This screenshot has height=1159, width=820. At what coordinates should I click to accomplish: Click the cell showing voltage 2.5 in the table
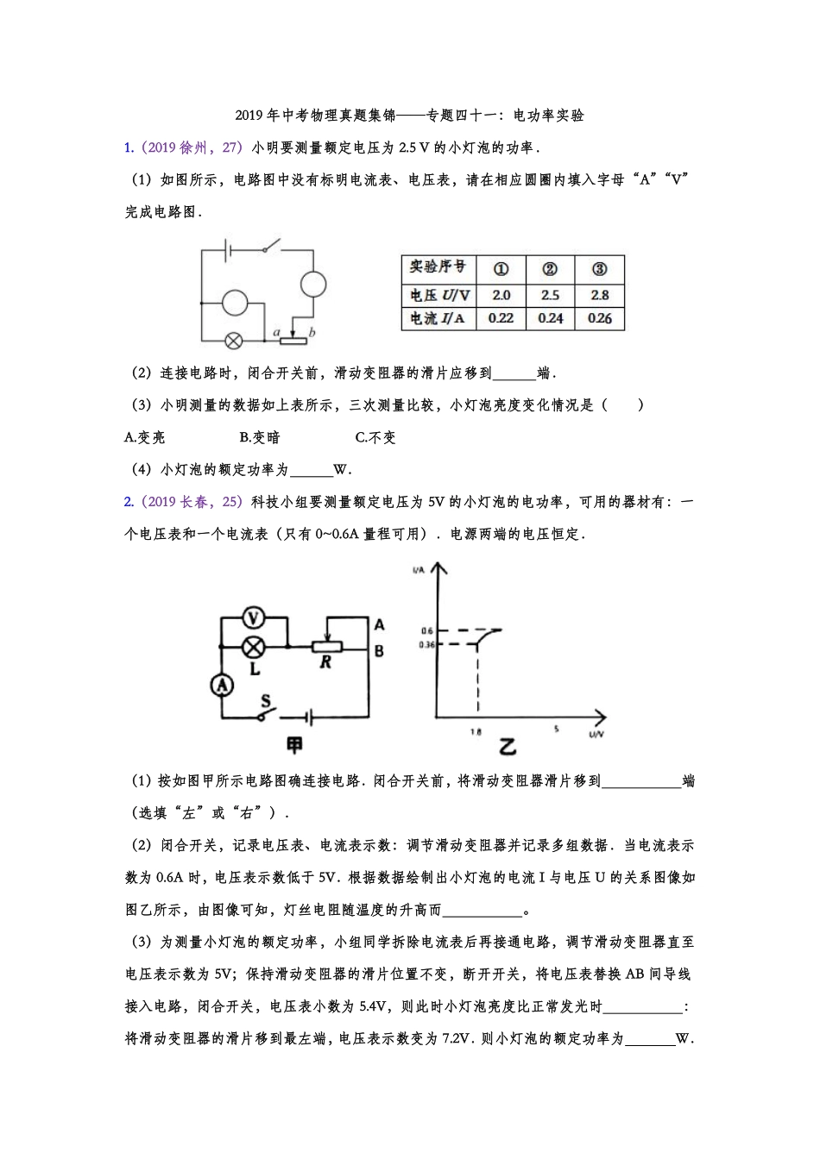(x=550, y=295)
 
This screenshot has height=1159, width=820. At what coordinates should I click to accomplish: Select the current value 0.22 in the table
(x=501, y=318)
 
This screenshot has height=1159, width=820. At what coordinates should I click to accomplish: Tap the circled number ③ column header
(x=599, y=269)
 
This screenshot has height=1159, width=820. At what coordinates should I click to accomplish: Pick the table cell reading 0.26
(x=599, y=318)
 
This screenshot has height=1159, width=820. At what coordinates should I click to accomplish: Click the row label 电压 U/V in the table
(x=439, y=295)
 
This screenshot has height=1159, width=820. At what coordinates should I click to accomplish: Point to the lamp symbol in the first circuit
(x=233, y=341)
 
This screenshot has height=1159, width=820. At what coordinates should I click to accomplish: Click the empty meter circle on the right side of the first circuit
(x=312, y=284)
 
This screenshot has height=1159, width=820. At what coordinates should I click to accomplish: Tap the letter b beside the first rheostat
(x=312, y=332)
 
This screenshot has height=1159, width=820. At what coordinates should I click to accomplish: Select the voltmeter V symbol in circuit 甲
(x=253, y=617)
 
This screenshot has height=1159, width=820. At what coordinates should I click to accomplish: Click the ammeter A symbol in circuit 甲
(x=222, y=685)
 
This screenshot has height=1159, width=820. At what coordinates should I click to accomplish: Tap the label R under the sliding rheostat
(x=325, y=662)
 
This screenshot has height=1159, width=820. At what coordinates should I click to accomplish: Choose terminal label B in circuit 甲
(x=379, y=652)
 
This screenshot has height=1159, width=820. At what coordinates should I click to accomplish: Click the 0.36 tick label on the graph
(x=426, y=645)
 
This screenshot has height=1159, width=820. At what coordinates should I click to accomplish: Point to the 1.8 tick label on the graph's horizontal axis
(x=476, y=732)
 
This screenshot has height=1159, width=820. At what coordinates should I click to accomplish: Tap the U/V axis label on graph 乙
(x=596, y=734)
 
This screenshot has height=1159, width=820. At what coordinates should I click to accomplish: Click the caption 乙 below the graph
(x=508, y=747)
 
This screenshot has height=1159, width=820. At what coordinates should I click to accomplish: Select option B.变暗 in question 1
(x=260, y=437)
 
